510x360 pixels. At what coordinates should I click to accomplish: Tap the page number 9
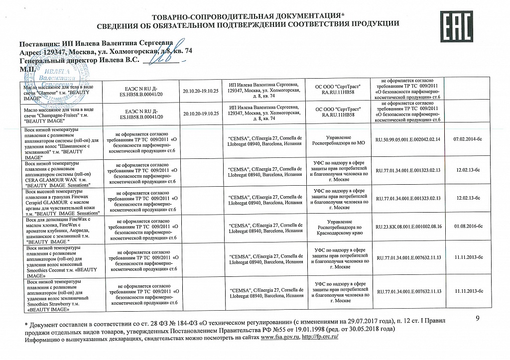coord(477,319)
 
